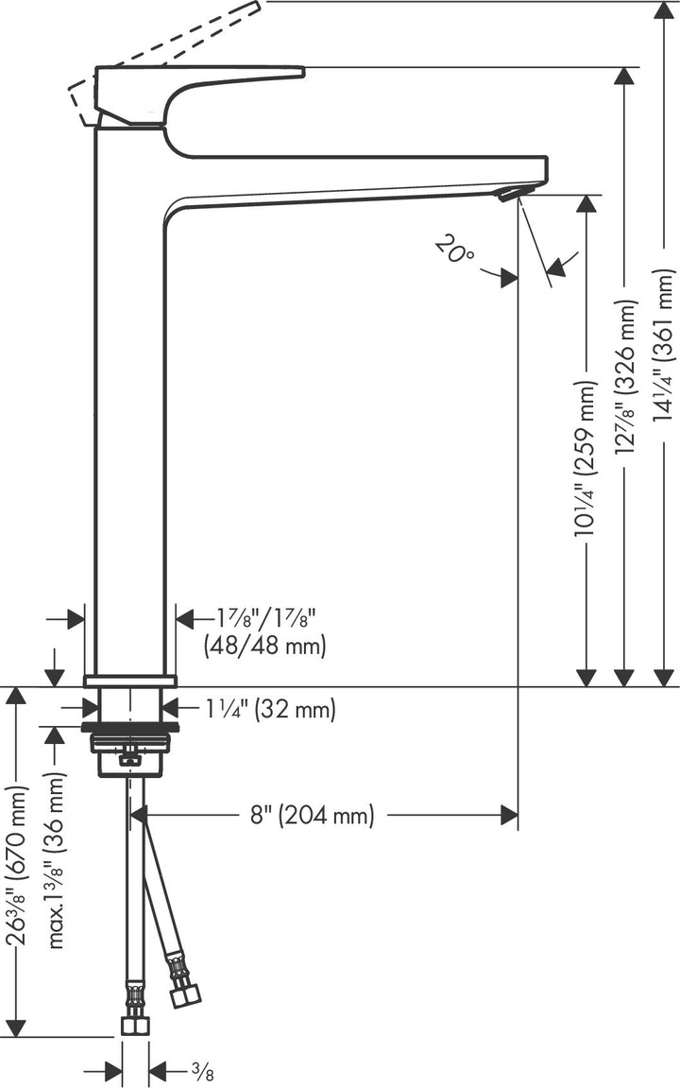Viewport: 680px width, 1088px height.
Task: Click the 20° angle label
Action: coord(455,250)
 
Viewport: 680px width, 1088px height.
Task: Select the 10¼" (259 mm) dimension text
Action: coord(586,458)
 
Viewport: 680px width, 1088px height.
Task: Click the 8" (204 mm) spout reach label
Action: coord(312,815)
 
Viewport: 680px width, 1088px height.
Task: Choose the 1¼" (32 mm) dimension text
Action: coord(270,709)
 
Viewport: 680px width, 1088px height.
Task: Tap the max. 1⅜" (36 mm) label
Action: coord(57,860)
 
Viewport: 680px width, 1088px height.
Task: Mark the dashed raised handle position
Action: coord(170,47)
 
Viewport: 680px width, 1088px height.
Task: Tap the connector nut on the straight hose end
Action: coord(134,1027)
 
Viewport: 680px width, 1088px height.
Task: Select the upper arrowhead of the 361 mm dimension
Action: coord(665,10)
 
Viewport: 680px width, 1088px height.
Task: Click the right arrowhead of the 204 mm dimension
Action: coord(510,814)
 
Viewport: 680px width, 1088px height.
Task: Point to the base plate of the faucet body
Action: coord(130,681)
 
